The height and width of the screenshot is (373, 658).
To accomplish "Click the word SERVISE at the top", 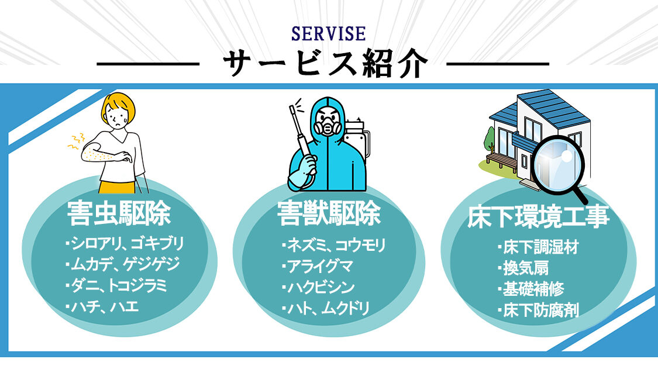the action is pos(329,34).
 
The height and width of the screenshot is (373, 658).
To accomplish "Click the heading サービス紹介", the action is pos(325,63).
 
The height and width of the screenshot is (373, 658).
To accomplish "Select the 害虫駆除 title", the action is pos(119,213).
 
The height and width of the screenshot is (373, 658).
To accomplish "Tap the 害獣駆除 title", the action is pos(329,213).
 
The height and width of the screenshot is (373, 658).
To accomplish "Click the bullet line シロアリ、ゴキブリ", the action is pos(125,243).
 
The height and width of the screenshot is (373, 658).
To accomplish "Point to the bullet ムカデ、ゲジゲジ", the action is pos(123,264).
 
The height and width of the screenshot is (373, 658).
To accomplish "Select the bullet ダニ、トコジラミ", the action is pos(116,286).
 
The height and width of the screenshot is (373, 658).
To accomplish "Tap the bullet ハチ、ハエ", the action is pos(102,307).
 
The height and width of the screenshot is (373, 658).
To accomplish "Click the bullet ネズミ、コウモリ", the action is pos(334,245).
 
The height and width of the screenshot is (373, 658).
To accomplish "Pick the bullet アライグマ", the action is pos(318,266).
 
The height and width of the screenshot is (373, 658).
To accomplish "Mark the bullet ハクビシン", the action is pos(319,288).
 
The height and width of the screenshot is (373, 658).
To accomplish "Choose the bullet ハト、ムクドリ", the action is pos(326,308).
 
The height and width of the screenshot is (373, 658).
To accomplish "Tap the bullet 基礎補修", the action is pos(530,289).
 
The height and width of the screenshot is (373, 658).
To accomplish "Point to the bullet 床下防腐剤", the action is pos(538,310).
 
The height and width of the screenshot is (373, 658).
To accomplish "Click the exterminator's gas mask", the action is pos(328,126).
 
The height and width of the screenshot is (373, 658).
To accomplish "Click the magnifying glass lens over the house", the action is pos(557,161).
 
